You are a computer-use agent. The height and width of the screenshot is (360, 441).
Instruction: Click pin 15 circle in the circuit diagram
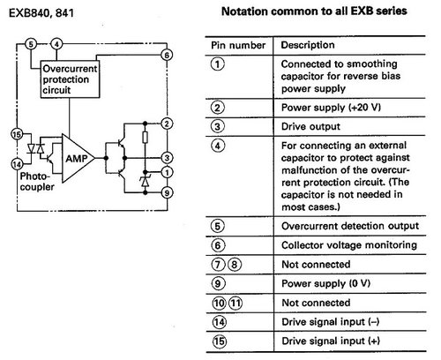point(15,133)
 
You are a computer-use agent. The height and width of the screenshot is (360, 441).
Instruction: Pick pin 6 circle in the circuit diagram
point(168,55)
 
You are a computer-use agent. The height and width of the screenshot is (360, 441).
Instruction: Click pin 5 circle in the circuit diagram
point(30,42)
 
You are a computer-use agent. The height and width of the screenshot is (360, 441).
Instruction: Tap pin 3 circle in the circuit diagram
point(168,157)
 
